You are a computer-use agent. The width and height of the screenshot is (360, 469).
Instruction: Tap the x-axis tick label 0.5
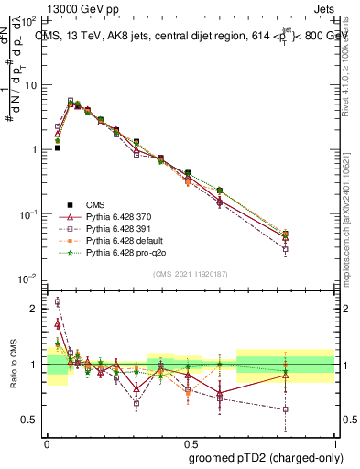190,441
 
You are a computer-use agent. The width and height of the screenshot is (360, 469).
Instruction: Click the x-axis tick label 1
333,441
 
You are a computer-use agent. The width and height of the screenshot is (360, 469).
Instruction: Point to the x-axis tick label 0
47,441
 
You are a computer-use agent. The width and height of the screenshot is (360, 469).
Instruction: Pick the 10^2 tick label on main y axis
31,20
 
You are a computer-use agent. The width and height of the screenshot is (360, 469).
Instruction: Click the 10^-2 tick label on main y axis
31,278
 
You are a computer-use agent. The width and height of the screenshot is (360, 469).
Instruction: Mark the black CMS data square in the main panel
57,147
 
